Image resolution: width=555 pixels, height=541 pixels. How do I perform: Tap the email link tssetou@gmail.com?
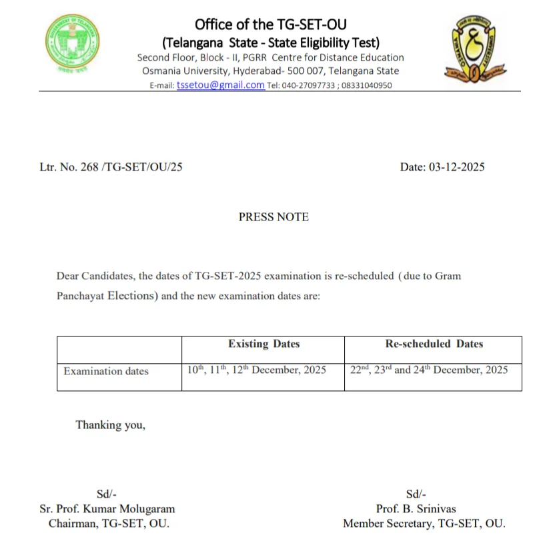(220, 85)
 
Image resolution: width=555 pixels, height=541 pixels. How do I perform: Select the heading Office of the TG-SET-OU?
(271, 25)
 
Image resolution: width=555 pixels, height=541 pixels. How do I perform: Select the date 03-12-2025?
(460, 167)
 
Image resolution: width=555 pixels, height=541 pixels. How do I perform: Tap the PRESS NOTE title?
(273, 217)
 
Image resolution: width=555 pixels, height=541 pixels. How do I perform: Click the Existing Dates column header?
(263, 344)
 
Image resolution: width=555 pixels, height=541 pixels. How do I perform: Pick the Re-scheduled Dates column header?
(434, 344)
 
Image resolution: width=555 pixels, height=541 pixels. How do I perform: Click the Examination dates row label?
(106, 371)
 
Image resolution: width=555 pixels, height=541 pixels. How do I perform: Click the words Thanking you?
(110, 425)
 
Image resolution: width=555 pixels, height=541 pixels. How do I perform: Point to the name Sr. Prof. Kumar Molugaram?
(107, 508)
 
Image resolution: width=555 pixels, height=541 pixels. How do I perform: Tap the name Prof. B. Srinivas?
(416, 508)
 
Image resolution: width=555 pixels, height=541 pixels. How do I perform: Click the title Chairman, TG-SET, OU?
(109, 524)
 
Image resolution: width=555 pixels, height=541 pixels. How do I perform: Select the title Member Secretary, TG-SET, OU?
(424, 524)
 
